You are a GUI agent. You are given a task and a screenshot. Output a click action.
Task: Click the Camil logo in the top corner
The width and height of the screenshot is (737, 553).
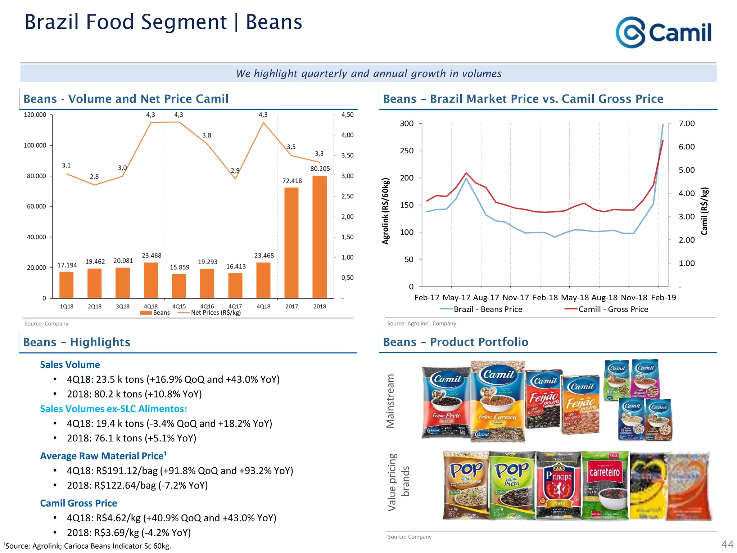pos(663,32)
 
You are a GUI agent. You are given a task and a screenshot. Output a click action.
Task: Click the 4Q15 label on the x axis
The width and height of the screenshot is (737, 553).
pos(179,306)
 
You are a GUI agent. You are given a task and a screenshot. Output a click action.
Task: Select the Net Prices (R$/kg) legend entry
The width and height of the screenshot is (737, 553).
pos(215,313)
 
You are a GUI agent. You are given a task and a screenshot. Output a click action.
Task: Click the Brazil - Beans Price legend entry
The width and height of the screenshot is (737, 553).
pos(487,309)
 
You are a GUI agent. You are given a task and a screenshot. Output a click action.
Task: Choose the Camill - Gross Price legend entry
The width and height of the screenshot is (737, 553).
pos(612,309)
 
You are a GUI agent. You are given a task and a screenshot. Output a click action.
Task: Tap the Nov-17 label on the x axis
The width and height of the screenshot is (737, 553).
pos(515,297)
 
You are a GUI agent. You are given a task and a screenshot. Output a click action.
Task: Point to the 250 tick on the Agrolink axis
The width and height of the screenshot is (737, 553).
pos(407,150)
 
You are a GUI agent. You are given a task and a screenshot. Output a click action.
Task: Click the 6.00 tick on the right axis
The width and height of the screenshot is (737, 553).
pos(686,147)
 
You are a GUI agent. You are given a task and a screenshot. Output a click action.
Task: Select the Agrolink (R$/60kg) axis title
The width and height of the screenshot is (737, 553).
pos(385,211)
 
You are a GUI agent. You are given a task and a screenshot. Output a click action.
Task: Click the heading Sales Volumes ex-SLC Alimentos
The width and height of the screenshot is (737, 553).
pos(113,409)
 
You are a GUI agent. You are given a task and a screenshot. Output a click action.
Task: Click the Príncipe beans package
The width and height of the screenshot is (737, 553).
pos(558,485)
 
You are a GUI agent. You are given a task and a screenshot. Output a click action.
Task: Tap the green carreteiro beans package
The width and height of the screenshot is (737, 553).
pos(605,485)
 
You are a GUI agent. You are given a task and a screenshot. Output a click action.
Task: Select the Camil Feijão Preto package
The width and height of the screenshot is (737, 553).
pos(446,403)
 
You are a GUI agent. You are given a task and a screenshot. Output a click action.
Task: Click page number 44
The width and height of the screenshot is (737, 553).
pos(727,544)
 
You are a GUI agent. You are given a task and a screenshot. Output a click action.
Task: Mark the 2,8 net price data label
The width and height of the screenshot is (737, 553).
pos(94,177)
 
